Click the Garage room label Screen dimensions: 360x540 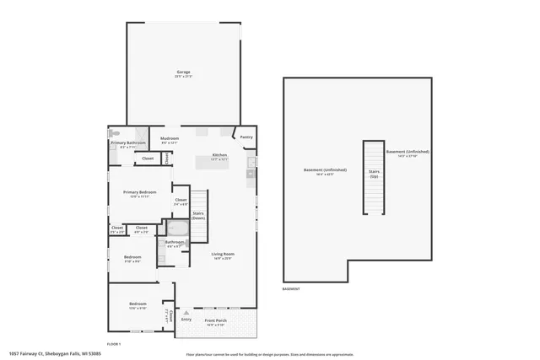(x=183, y=73)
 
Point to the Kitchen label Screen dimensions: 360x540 (x=219, y=155)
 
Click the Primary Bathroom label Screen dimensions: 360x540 (x=127, y=142)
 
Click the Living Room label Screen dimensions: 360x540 (x=222, y=254)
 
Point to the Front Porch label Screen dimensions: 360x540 (x=216, y=320)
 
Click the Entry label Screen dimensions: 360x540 (x=186, y=319)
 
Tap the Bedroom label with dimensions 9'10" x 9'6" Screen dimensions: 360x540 (x=132, y=257)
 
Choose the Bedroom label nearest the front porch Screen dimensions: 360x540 (x=138, y=304)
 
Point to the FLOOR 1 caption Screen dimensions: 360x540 (x=114, y=344)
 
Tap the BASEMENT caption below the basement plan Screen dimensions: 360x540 (x=292, y=289)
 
